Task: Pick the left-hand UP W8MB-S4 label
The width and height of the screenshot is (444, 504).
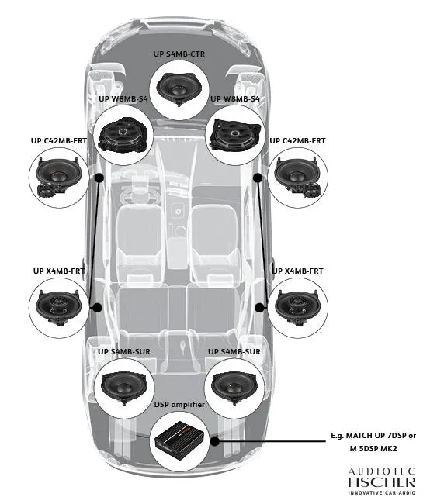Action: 123,99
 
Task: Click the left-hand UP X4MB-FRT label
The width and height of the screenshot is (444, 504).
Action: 59,271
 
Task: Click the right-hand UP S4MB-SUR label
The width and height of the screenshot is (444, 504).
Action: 234,351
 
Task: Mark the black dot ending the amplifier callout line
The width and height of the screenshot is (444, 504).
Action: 214,442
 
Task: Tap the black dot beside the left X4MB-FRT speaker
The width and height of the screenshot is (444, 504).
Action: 98,307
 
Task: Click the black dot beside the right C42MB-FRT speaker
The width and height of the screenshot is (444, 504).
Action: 258,177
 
